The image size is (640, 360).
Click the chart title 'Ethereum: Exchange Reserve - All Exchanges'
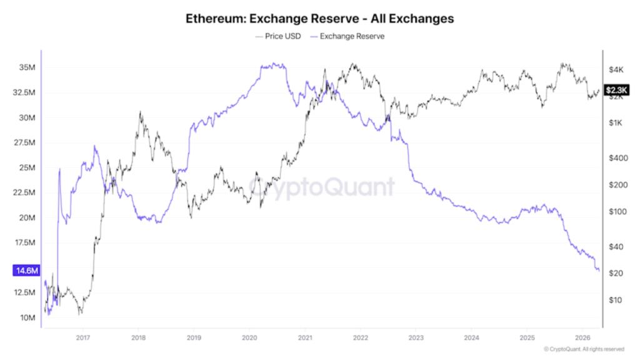[320, 19]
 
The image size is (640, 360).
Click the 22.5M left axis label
[25, 192]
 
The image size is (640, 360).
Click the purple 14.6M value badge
[26, 271]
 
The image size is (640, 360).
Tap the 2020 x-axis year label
[249, 337]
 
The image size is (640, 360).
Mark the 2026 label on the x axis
[582, 337]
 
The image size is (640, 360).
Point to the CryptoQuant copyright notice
[584, 349]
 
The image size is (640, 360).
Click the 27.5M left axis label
[25, 142]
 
